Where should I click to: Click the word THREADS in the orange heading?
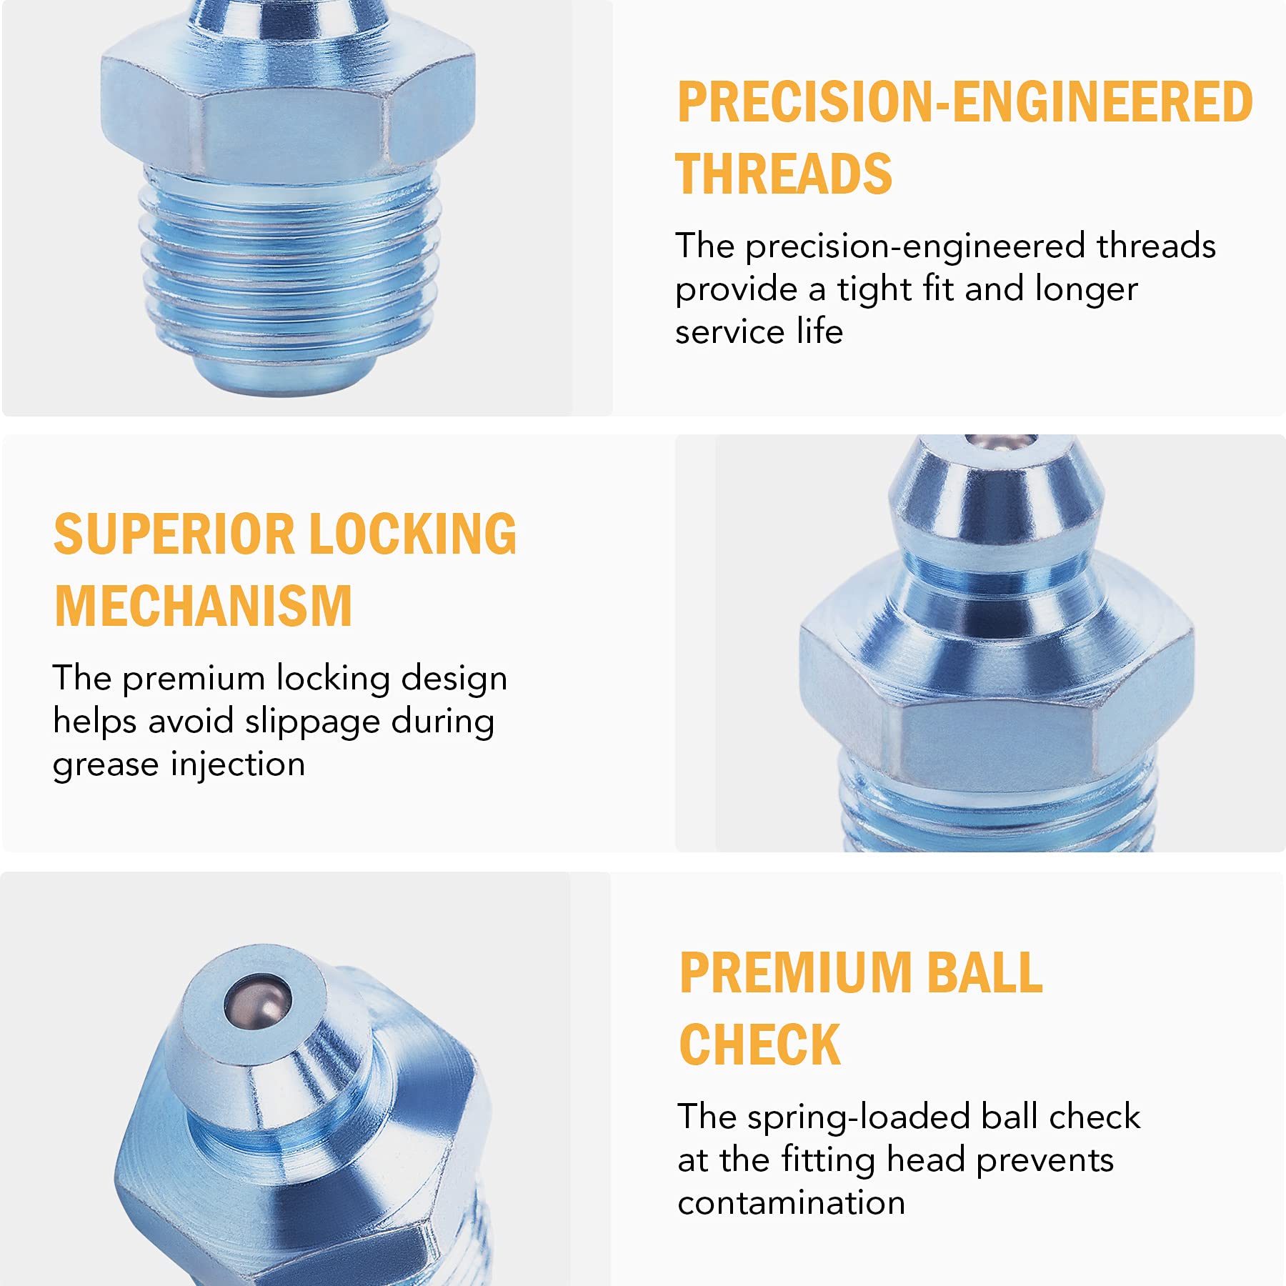[x=784, y=174]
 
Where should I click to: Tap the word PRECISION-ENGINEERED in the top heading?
[x=964, y=102]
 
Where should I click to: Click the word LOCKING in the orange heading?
[x=413, y=534]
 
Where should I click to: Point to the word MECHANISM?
[x=204, y=607]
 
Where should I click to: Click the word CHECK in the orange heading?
[x=760, y=1045]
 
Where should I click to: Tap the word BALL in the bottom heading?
[x=984, y=973]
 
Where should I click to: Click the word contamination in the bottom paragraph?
[x=791, y=1203]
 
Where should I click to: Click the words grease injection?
[x=179, y=764]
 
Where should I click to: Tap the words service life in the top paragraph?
[x=759, y=332]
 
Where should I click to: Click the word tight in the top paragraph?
[x=874, y=289]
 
